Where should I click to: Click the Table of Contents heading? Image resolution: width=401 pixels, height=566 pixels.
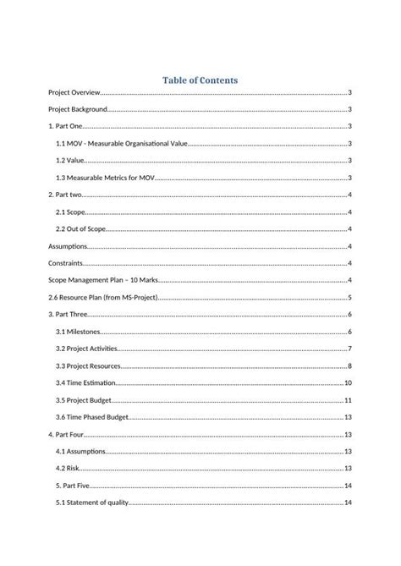point(200,80)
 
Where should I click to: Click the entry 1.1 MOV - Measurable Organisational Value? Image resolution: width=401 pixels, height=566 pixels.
point(121,144)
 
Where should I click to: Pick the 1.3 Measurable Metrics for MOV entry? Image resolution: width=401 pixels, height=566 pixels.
point(102,179)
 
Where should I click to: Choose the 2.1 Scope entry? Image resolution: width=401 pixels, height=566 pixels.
point(71,212)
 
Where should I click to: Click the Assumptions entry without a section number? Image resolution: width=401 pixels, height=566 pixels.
point(69,246)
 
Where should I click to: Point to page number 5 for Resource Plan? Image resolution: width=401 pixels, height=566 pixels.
point(349,298)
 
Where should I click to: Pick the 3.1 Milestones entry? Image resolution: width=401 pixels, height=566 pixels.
point(77,332)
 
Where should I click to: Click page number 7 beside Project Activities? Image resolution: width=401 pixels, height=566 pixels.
point(349,349)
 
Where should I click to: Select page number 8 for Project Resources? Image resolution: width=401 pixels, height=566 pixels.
point(349,366)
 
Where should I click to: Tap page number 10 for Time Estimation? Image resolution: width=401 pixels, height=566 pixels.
point(348,383)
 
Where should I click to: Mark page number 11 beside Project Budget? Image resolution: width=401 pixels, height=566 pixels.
point(348,400)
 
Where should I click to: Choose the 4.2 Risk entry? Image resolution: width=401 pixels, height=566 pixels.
point(68,469)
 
